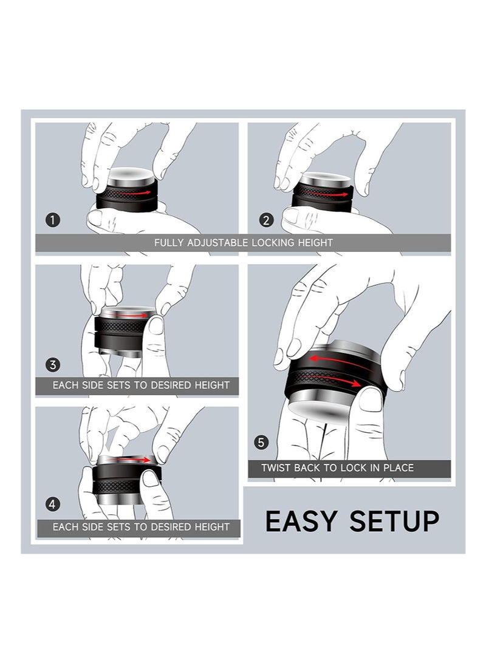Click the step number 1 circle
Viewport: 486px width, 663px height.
coord(52,220)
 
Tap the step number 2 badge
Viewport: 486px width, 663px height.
coord(266,220)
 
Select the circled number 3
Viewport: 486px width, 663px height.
coord(53,364)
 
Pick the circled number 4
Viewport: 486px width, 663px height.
coord(52,504)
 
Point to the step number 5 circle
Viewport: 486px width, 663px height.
coord(261,442)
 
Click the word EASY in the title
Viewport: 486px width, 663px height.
coord(301,521)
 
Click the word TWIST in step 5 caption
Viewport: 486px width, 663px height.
coord(276,467)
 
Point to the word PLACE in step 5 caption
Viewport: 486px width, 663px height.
coord(399,467)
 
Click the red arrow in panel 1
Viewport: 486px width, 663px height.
coord(132,193)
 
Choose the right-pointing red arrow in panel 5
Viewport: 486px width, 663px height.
coord(337,379)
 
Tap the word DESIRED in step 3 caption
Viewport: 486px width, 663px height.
coord(172,385)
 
